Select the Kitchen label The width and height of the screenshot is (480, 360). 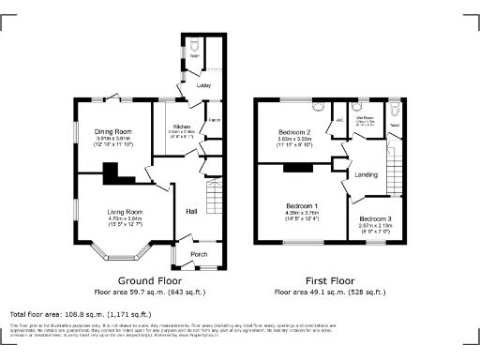181,126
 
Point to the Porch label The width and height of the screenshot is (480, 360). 199,254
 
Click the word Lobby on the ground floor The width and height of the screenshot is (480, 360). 202,86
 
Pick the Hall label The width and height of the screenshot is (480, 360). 190,211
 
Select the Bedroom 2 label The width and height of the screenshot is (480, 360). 294,132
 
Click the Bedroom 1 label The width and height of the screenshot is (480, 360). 302,205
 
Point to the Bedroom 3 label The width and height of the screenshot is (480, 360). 375,218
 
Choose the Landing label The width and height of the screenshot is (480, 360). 366,174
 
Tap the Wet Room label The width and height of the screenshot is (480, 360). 366,118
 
